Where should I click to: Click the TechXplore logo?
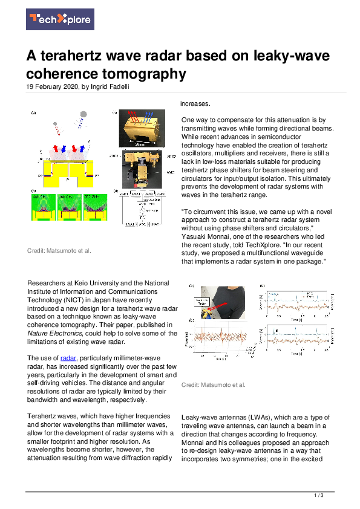pyautogui.click(x=59, y=19)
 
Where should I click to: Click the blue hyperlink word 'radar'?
pyautogui.click(x=70, y=358)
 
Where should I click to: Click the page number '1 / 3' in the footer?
pyautogui.click(x=319, y=495)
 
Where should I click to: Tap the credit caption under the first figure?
pyautogui.click(x=59, y=250)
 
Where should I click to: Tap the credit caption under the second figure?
pyautogui.click(x=213, y=384)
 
